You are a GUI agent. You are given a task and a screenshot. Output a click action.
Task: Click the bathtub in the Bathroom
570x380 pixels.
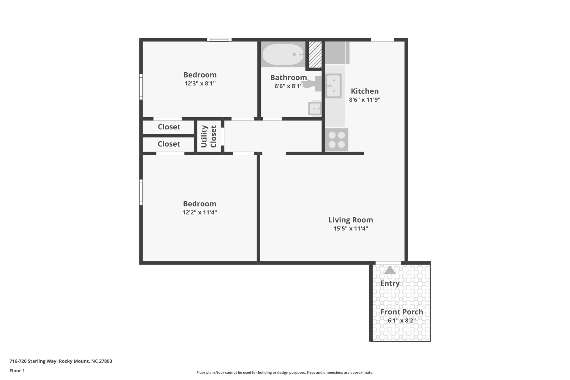click(283, 55)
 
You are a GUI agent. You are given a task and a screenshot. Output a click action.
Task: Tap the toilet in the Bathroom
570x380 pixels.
click(312, 83)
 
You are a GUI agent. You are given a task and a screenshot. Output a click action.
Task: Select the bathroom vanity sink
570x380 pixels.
click(315, 108)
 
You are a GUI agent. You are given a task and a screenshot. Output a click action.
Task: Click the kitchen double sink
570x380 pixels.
click(334, 86)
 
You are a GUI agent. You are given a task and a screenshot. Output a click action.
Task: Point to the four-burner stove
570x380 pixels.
click(337, 140)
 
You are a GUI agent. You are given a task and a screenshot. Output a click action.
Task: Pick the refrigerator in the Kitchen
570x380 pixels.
click(337, 53)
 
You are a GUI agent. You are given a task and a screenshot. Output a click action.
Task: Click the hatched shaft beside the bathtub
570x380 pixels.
click(315, 54)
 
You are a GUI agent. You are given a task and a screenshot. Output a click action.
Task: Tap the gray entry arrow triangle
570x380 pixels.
click(390, 270)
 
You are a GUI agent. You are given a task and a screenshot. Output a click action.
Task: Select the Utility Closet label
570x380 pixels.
click(209, 136)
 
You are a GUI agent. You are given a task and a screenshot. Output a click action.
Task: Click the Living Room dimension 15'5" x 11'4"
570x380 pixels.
click(351, 228)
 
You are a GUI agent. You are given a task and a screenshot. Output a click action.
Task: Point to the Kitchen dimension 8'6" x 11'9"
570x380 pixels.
click(365, 99)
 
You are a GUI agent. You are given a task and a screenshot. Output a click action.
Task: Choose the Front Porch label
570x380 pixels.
click(402, 312)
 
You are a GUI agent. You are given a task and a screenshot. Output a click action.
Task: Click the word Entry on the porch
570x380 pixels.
click(390, 283)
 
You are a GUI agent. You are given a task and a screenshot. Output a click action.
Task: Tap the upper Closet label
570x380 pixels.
click(169, 127)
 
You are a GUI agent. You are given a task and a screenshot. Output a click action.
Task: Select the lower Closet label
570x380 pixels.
click(169, 144)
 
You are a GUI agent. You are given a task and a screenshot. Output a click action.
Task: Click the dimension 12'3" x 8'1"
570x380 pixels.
click(200, 83)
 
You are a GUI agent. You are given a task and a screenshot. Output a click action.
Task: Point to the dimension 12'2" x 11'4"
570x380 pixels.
click(199, 212)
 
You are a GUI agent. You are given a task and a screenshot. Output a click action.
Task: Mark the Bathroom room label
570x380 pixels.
click(289, 77)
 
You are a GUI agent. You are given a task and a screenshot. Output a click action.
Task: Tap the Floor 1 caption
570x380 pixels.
click(17, 370)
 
